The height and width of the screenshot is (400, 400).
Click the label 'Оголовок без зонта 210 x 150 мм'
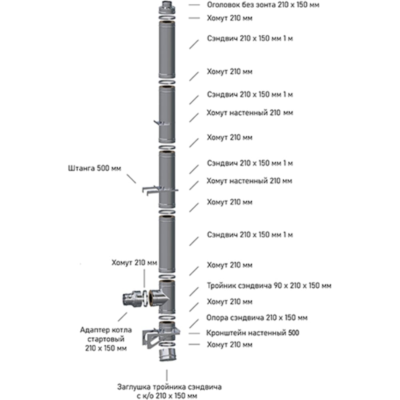(263, 5)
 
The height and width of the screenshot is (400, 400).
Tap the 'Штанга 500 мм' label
(94, 168)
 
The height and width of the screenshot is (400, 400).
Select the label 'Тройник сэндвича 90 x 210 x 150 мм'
(269, 286)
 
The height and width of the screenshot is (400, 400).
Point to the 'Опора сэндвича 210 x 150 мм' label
(257, 318)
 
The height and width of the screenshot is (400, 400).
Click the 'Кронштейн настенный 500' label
(253, 333)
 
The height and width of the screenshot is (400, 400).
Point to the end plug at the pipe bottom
(166, 354)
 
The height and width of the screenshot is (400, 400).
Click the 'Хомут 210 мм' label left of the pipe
(134, 262)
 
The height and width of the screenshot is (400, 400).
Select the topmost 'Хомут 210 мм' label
(230, 18)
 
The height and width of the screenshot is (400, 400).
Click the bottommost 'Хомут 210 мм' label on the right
(230, 344)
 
